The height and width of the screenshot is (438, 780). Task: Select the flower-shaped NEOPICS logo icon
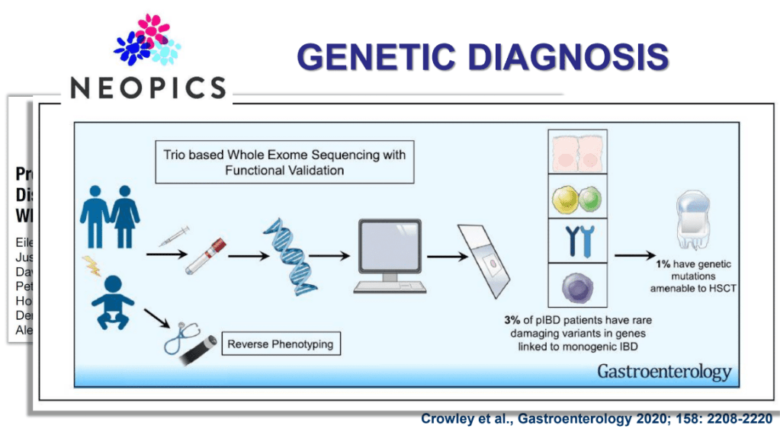[x=148, y=40]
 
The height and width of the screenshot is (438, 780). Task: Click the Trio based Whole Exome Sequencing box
[x=284, y=162]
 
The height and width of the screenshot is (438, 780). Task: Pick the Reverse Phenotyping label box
[x=281, y=344]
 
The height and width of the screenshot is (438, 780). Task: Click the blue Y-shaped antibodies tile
[x=576, y=241]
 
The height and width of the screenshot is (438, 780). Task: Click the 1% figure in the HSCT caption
[x=663, y=264]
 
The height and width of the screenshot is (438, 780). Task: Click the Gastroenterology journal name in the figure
[x=663, y=372]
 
